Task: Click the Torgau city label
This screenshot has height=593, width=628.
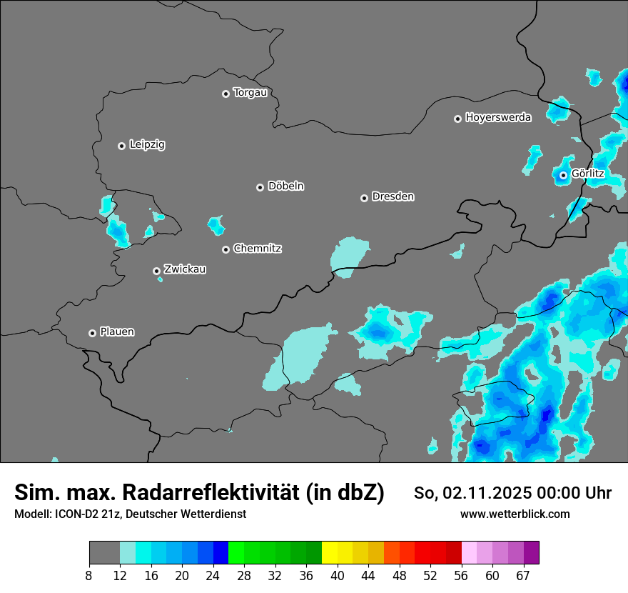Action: pos(250,93)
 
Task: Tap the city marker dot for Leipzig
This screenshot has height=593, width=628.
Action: pos(121,146)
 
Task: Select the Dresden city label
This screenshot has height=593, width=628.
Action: pos(392,196)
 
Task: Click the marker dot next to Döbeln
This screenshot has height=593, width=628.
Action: pos(260,187)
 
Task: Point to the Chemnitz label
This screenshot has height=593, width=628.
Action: pos(257,249)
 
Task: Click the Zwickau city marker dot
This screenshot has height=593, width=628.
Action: pos(156,271)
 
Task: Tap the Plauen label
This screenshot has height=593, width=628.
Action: pos(117,332)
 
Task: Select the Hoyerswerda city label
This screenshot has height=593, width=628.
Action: pos(498,118)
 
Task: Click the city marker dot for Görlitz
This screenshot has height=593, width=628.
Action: pos(563,175)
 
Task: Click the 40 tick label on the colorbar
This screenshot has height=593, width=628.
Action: pos(338,575)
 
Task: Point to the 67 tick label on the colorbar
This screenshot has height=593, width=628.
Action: pos(523,575)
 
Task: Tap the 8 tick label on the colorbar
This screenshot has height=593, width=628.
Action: pos(89,575)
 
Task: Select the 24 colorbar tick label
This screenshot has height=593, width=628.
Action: pos(213,575)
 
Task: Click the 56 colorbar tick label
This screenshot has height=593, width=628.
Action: pos(461,575)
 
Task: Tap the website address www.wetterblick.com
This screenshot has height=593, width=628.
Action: pos(515,514)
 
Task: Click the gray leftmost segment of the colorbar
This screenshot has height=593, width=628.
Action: pos(104,553)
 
